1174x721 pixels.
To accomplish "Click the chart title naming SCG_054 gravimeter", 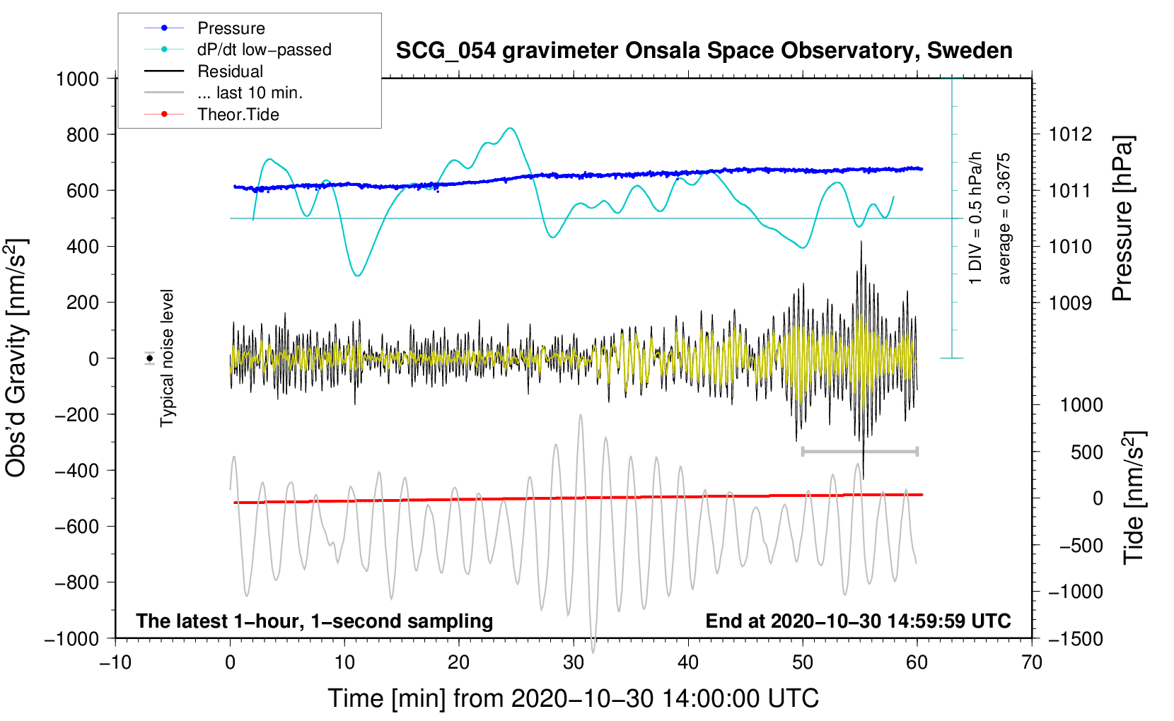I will [704, 51].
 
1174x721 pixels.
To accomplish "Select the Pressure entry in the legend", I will [231, 28].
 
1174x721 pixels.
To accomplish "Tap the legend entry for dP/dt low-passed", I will [264, 49].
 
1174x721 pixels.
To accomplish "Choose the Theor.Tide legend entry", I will [238, 115].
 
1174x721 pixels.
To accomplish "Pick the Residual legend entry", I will [230, 71].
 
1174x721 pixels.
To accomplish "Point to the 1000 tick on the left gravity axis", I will [78, 78].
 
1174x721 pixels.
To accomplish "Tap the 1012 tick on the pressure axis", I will [1069, 134].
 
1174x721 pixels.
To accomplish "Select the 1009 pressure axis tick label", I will [1069, 303].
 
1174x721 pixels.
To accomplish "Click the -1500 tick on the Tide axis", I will [1075, 638].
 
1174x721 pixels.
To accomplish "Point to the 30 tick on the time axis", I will [574, 662].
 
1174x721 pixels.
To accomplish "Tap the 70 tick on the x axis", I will [1032, 662].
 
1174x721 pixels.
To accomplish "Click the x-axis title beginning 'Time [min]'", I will [574, 698].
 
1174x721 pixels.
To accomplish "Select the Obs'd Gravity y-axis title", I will [16, 358].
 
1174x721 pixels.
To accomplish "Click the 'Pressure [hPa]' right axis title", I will [1122, 218].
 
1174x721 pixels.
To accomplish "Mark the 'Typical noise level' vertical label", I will [167, 358].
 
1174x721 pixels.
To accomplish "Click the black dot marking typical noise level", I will [150, 358].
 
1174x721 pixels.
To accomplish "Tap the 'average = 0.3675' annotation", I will [1004, 218].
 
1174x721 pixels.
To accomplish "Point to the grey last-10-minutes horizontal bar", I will [859, 451].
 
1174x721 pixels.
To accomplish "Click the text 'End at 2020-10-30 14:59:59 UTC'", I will [858, 621].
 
